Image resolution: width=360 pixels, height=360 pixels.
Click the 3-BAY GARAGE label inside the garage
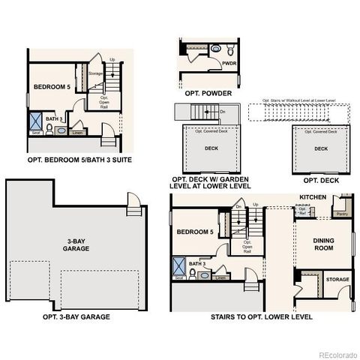tap(73, 244)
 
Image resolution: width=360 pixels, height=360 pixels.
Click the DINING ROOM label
tap(323, 244)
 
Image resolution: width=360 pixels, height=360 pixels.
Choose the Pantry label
tap(342, 213)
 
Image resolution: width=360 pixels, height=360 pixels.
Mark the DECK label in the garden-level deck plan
tap(211, 148)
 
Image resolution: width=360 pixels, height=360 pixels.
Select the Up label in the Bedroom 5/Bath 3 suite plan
tap(112, 59)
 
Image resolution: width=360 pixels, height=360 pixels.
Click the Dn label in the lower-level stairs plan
tap(238, 207)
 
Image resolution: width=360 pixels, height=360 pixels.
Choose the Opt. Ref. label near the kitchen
tap(302, 211)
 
